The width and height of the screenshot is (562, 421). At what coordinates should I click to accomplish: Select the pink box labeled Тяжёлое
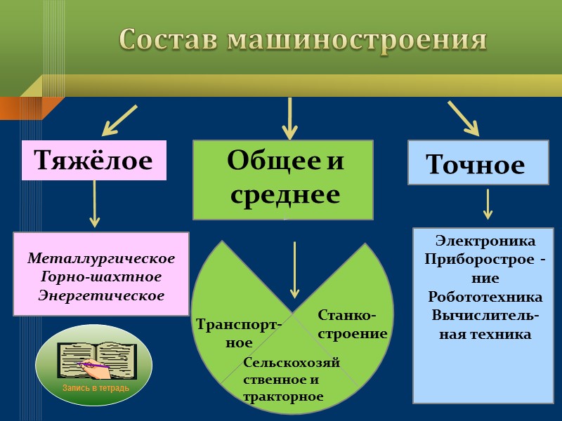[93, 161]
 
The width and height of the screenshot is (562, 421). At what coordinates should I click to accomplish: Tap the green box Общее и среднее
[283, 180]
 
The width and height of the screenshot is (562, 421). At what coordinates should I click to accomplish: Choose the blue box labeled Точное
[478, 163]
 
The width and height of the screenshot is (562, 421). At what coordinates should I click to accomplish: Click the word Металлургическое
[101, 259]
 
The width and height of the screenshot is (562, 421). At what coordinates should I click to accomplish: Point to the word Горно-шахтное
[101, 277]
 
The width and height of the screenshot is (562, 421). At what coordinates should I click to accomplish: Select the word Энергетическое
[101, 295]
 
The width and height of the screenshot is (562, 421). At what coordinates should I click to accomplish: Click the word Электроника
[485, 241]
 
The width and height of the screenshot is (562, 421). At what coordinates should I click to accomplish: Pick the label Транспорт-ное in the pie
[239, 333]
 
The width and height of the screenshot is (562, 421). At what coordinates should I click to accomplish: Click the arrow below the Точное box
[488, 204]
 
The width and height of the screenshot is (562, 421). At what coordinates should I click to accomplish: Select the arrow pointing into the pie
[294, 269]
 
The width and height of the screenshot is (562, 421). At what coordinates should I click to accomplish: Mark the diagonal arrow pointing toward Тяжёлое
[119, 121]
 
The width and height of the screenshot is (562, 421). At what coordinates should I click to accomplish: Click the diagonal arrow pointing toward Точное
[463, 118]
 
